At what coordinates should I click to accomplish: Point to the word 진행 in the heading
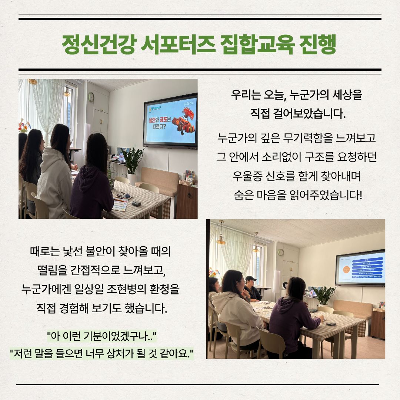point(317,44)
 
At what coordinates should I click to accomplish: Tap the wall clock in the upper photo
point(91,97)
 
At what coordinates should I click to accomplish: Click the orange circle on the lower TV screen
point(346,269)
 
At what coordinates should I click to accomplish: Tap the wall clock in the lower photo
point(281,252)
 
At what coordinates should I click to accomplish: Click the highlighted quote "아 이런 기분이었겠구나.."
point(102,336)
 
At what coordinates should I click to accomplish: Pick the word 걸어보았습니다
point(309,114)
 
